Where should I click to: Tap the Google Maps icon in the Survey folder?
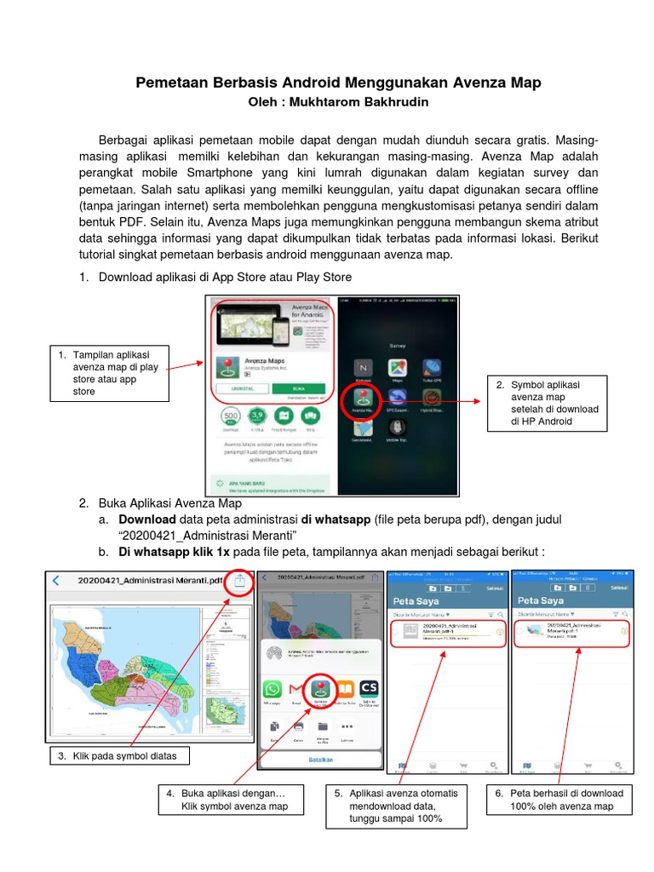pos(398,368)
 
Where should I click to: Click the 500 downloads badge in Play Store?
pos(230,417)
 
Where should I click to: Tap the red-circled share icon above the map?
pos(240,582)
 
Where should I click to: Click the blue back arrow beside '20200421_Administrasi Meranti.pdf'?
pos(56,582)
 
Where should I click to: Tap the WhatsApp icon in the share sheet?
pos(272,690)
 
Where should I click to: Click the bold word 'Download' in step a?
pos(146,519)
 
